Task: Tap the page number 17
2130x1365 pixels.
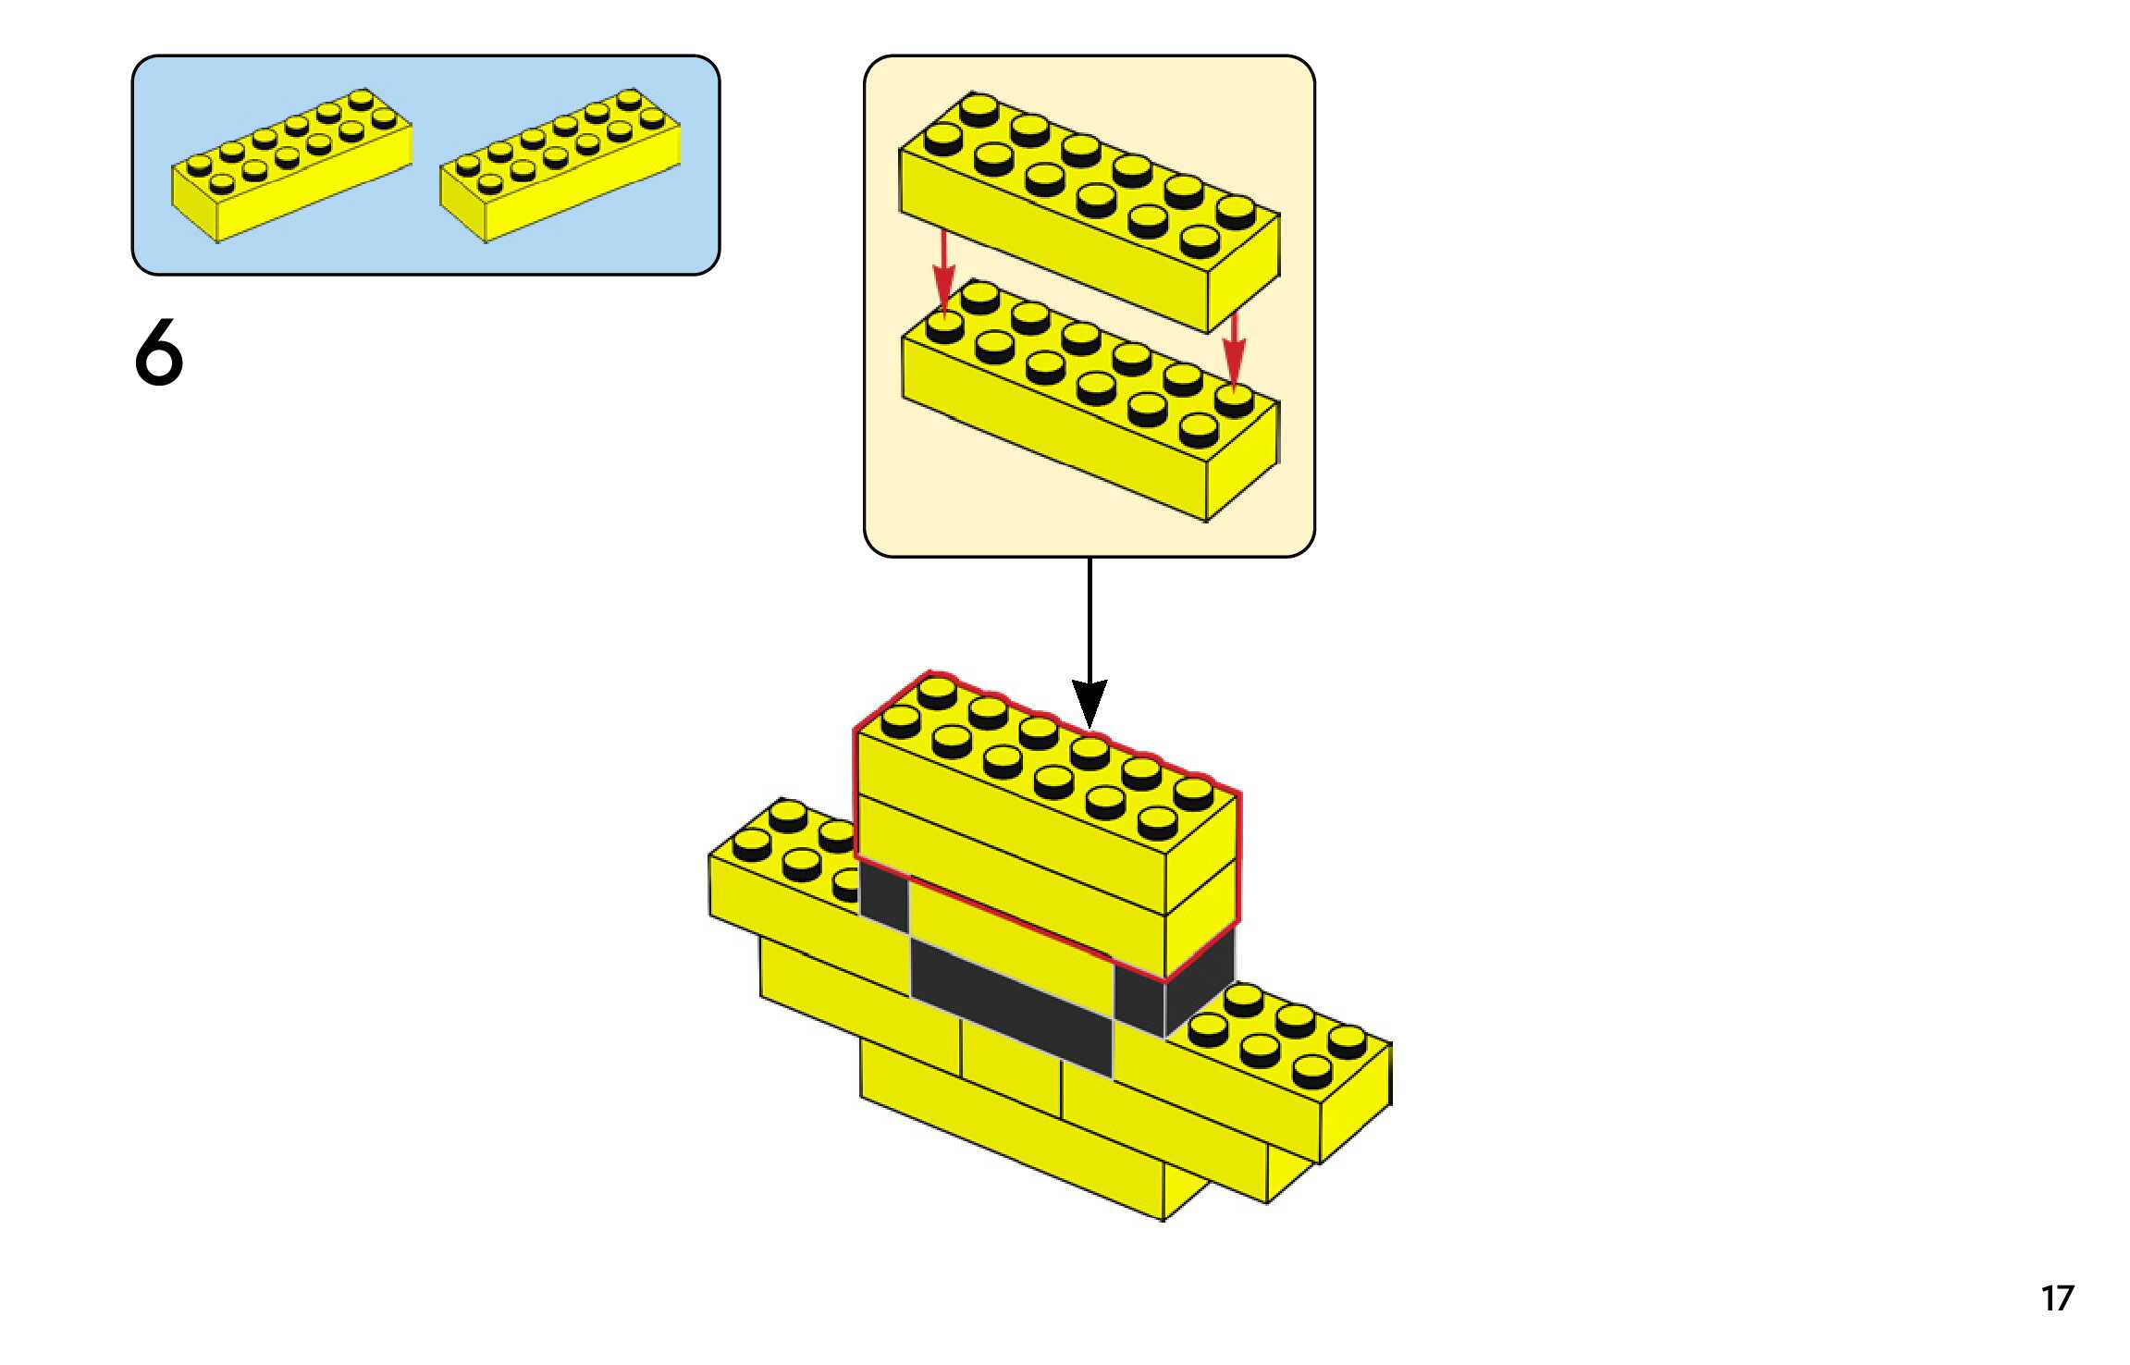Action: tap(2058, 1298)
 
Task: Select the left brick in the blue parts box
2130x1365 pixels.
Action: tap(291, 166)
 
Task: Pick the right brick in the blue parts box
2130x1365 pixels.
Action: tap(560, 166)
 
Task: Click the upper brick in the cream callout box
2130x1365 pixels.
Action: tap(1090, 212)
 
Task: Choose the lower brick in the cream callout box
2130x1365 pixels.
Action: tap(1090, 400)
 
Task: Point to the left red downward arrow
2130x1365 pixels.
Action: tap(943, 271)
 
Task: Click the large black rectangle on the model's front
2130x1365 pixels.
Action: tap(1012, 1008)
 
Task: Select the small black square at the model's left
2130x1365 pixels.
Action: tap(884, 891)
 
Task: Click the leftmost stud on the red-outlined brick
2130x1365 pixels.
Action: tap(900, 720)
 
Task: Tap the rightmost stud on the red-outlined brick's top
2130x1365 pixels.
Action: tap(1193, 793)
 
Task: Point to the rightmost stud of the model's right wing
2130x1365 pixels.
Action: tap(1348, 1041)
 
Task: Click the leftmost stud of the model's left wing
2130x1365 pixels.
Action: tap(752, 844)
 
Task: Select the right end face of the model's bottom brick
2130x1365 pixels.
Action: tap(1187, 1193)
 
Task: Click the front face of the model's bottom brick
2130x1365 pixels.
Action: tap(1012, 1130)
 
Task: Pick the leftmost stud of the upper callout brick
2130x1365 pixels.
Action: tap(943, 140)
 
